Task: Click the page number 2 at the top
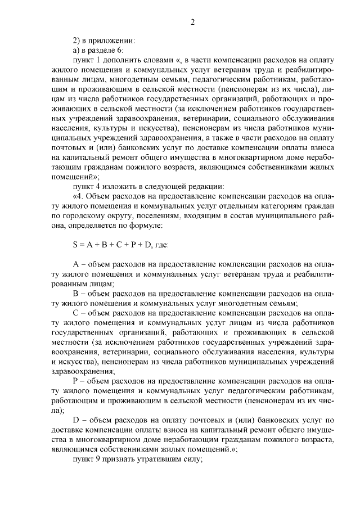[x=192, y=22]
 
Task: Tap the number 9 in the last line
[x=101, y=457]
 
